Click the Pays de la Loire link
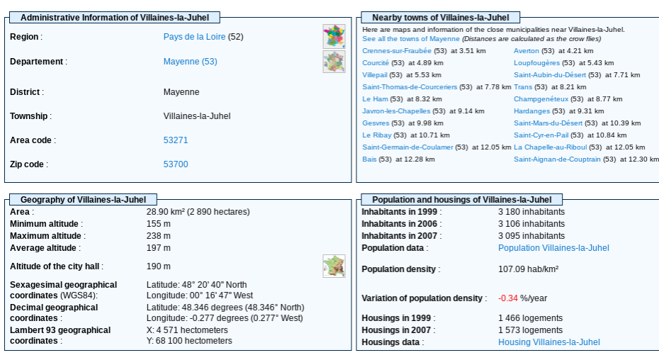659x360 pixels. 194,37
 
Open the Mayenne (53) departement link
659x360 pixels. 190,62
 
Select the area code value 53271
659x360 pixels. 176,140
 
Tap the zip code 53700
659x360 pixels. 176,164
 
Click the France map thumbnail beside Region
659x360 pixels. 334,36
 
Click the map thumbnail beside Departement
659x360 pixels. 334,62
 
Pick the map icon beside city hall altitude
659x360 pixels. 334,266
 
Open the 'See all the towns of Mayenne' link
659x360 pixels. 411,39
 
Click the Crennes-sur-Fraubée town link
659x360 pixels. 396,51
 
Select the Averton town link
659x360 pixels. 526,51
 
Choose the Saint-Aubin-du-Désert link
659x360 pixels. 548,75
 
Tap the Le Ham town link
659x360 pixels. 375,99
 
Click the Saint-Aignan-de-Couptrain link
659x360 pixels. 557,159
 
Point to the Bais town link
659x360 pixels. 369,159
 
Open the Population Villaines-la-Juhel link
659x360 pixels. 553,248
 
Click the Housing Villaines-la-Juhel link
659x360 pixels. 548,342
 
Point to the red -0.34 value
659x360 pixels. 508,298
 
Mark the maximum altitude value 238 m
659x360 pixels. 159,236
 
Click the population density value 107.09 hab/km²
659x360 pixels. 528,269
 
